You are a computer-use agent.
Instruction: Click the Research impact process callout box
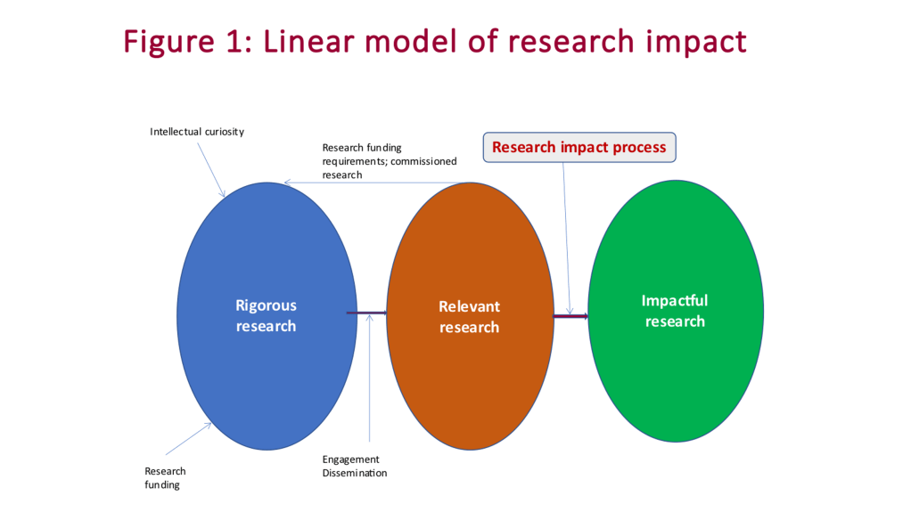pyautogui.click(x=579, y=147)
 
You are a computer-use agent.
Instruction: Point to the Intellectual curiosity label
pyautogui.click(x=197, y=132)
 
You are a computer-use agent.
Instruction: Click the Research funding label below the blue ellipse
pyautogui.click(x=165, y=478)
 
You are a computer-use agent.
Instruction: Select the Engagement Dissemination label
pyautogui.click(x=355, y=467)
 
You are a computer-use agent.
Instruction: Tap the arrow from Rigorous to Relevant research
pyautogui.click(x=366, y=313)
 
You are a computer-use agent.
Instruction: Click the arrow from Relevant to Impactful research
pyautogui.click(x=570, y=316)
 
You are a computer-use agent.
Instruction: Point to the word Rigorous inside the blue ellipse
pyautogui.click(x=266, y=305)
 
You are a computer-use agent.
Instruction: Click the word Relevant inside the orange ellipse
pyautogui.click(x=469, y=306)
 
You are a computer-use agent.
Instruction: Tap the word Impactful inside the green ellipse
pyautogui.click(x=675, y=301)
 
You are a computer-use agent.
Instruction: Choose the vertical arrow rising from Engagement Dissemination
pyautogui.click(x=369, y=383)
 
